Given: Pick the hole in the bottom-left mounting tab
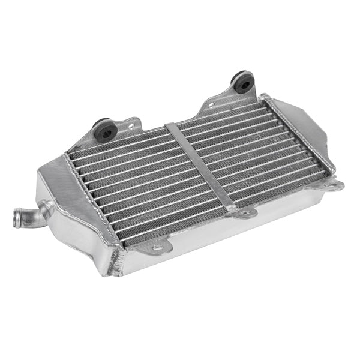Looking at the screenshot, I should [157, 247].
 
